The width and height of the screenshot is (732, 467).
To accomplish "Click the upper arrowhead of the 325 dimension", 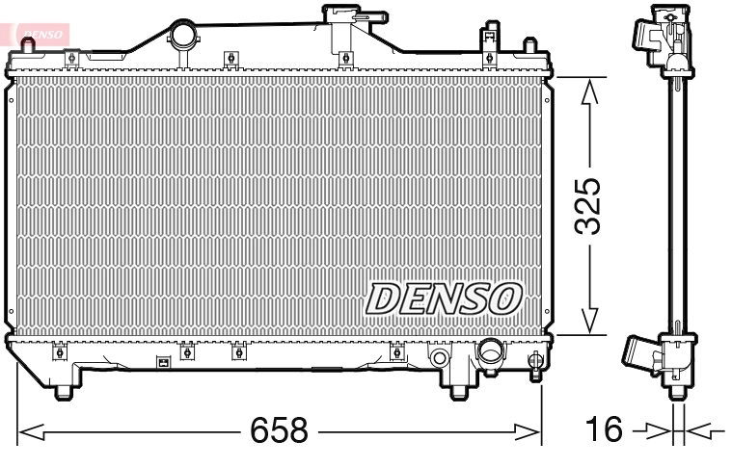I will (590, 91).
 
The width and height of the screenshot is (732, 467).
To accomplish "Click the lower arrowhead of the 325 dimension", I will (590, 322).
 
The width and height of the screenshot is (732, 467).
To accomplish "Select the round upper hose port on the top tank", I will (182, 36).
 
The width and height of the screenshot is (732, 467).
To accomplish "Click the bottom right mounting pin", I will (459, 390).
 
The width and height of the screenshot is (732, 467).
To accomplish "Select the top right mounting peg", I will (529, 48).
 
